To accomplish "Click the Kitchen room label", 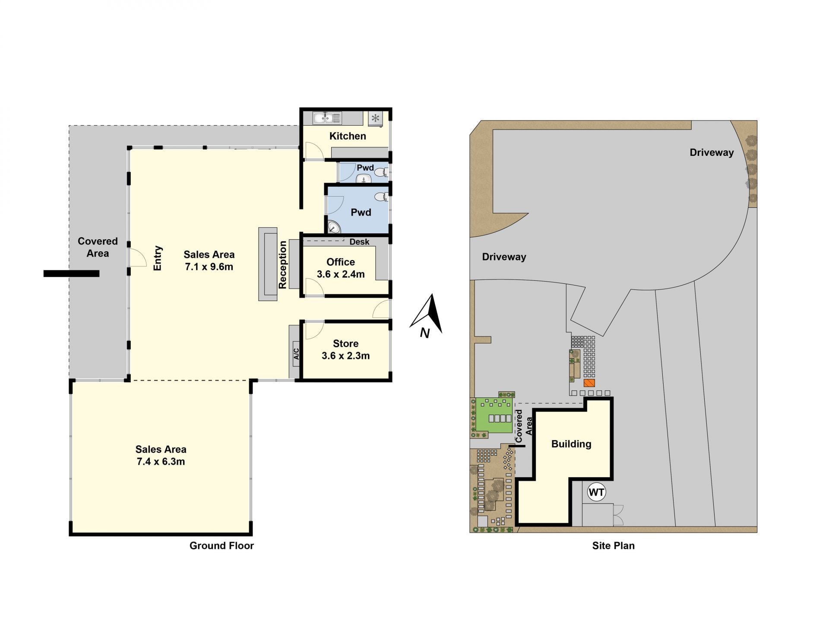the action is point(348,136).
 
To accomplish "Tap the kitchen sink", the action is point(327,118).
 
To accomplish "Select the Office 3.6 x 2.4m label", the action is point(341,268).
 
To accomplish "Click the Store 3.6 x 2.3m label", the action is point(345,349).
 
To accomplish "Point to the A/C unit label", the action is point(296,354).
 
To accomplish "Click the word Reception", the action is point(282,265).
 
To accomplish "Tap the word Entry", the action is point(158,258).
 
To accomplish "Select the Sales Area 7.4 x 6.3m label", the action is point(161,455).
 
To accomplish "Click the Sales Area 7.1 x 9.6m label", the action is point(209,260).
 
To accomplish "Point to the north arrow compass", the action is point(427,315).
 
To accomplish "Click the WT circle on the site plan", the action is point(596,492).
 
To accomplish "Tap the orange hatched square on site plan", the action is point(589,383).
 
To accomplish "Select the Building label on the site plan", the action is point(571,444).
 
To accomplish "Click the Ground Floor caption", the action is point(221,546).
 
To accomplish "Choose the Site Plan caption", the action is point(613,546).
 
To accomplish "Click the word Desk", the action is point(359,242).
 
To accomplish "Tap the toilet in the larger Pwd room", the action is point(381,197).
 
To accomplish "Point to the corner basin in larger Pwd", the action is point(333,227).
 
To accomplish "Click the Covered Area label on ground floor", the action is point(98,247).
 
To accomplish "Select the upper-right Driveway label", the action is point(712,152).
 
